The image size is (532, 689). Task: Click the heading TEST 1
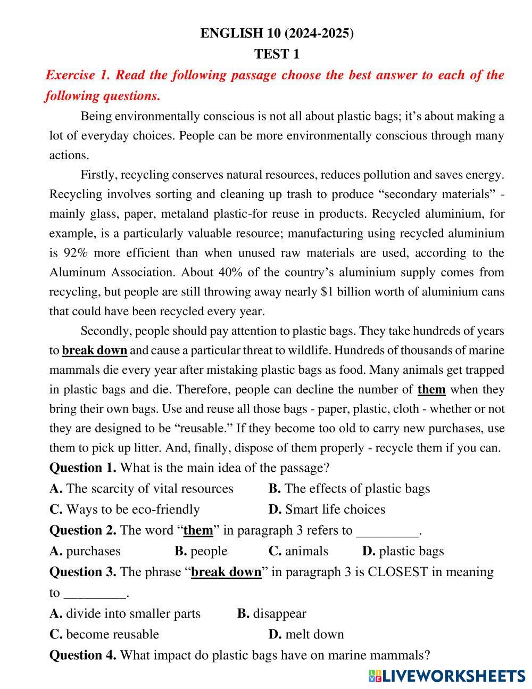(277, 54)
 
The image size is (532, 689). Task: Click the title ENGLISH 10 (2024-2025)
(277, 33)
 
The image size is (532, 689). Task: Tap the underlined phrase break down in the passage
(95, 350)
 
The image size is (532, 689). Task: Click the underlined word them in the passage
(431, 389)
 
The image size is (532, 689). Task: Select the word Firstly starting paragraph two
(98, 175)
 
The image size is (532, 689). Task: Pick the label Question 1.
(82, 468)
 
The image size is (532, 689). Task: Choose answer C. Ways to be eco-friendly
(124, 510)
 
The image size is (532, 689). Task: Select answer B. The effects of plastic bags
(349, 489)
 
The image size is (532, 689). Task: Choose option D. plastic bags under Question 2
(403, 551)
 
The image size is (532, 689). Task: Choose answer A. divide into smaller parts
(125, 613)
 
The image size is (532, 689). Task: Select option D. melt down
(306, 634)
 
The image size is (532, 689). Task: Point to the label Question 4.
(82, 655)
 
